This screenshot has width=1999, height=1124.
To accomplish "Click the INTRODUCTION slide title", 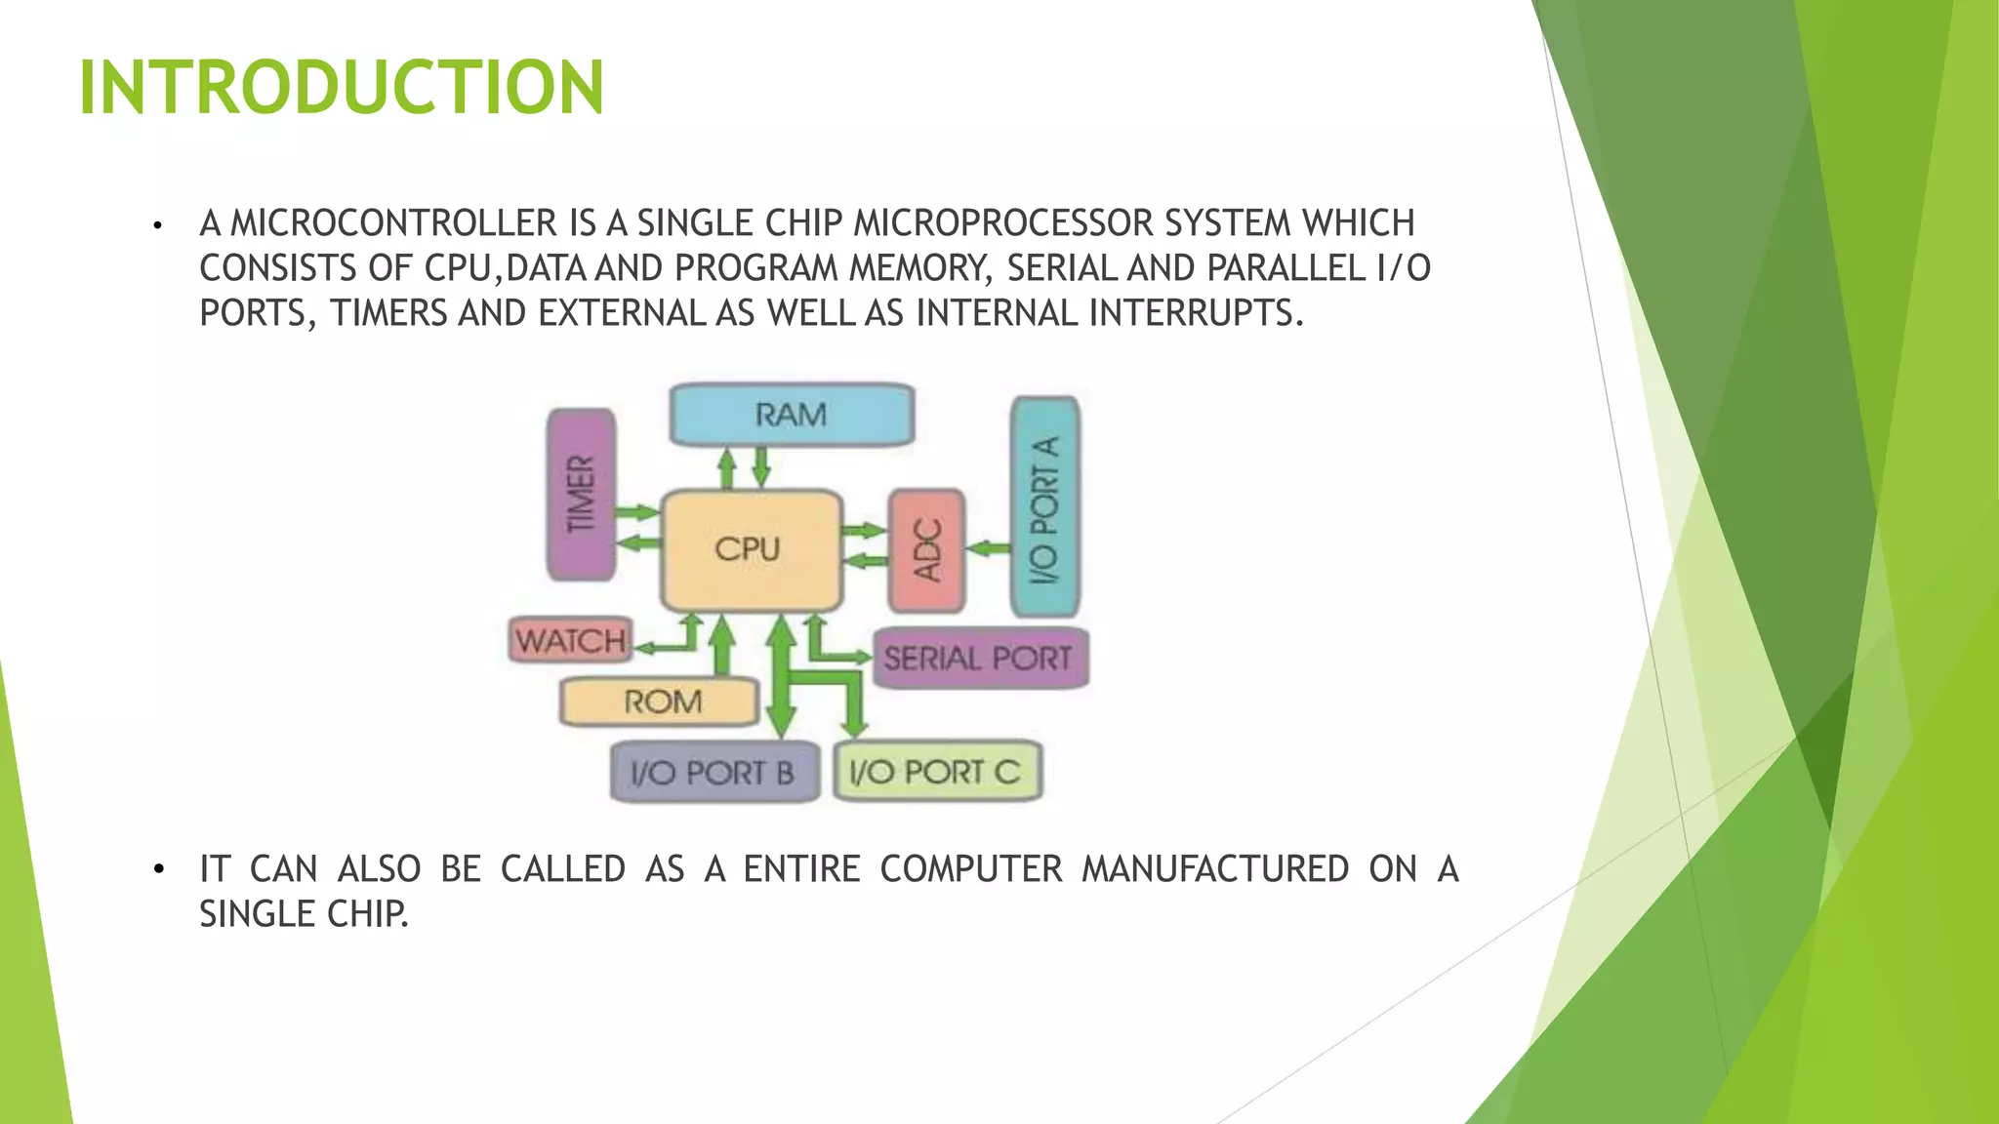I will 341,88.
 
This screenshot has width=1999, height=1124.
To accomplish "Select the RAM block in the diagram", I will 791,415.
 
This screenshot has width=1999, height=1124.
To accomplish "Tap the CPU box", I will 750,549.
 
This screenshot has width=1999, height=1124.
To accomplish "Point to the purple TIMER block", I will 581,494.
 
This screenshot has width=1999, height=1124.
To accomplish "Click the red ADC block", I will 926,550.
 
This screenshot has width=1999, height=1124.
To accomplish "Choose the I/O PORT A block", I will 1044,507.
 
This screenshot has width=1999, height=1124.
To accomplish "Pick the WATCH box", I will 570,641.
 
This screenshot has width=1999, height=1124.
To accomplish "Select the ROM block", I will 661,702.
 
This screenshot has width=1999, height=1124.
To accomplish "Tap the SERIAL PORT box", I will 979,659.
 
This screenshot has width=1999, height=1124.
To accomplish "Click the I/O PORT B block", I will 714,773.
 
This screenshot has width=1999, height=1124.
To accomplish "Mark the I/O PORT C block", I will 936,773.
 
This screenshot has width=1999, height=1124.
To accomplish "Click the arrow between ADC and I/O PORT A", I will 988,548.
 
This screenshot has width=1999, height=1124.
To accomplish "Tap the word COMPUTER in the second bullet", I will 971,868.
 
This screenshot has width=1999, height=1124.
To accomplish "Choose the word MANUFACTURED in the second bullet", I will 1215,868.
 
